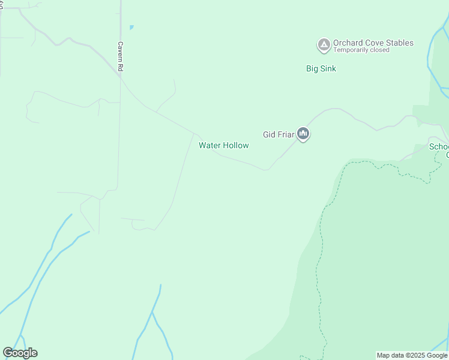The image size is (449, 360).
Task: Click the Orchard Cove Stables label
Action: tap(373, 43)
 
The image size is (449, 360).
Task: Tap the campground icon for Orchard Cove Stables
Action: tap(324, 44)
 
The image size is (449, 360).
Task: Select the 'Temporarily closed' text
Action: tap(361, 50)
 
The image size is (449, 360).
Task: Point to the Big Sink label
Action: tap(321, 68)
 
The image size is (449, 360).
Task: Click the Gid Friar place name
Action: tap(279, 134)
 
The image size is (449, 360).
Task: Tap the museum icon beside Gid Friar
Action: tap(303, 134)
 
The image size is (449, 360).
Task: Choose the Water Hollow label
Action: tap(223, 145)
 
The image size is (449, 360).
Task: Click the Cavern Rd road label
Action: tap(120, 57)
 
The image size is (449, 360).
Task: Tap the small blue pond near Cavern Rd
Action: tap(131, 27)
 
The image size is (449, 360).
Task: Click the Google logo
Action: tap(20, 353)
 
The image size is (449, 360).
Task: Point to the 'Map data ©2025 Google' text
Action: tap(412, 355)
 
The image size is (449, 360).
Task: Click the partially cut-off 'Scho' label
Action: tap(439, 146)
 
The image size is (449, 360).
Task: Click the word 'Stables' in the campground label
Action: tap(400, 43)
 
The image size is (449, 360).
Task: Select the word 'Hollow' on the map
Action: tap(236, 145)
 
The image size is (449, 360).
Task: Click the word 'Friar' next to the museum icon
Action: tap(286, 134)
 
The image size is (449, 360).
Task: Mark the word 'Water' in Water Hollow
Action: tap(209, 145)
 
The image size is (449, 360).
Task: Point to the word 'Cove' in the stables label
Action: tap(373, 43)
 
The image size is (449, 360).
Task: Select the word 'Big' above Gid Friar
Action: tap(312, 68)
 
